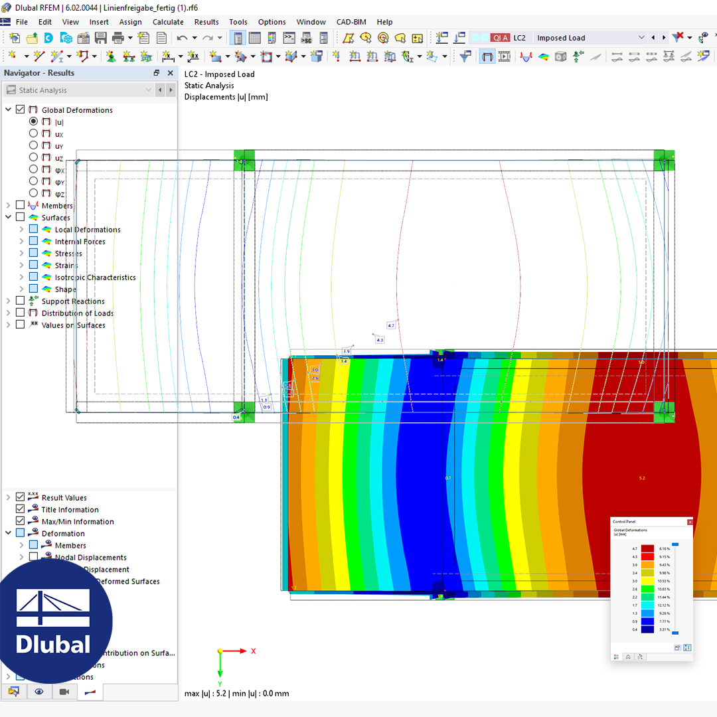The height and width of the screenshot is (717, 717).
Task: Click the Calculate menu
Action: (168, 22)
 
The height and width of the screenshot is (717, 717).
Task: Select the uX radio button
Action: (34, 133)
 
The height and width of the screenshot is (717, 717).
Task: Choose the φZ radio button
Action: (34, 193)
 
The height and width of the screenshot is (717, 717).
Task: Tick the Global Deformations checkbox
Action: (21, 110)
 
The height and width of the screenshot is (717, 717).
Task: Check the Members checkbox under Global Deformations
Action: (21, 206)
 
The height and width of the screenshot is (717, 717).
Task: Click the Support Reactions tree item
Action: (73, 301)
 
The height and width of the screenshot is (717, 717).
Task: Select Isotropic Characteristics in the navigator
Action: (95, 278)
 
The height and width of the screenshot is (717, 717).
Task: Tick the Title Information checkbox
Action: (21, 510)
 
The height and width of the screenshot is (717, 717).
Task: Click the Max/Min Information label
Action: (78, 522)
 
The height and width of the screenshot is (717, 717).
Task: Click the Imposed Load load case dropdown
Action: (590, 38)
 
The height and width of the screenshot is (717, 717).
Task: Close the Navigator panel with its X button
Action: (171, 73)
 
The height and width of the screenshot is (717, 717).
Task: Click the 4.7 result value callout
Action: (391, 325)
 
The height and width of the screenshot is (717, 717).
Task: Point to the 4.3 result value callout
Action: (380, 340)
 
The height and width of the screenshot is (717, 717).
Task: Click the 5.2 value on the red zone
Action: (641, 478)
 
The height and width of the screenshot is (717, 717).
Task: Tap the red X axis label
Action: (253, 651)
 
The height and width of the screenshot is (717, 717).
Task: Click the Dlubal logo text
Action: (52, 644)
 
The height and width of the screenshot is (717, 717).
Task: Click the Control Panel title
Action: (623, 522)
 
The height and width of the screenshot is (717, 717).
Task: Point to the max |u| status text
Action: (236, 694)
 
